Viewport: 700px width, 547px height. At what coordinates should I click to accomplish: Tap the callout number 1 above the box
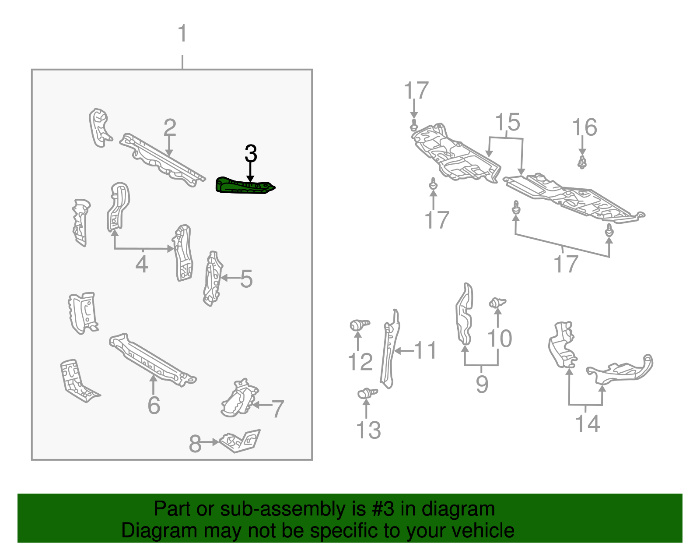point(182,33)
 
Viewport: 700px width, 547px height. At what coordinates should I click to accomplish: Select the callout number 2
point(170,127)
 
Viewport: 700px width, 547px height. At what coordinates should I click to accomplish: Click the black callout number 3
point(251,153)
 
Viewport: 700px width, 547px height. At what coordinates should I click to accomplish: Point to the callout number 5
point(246,279)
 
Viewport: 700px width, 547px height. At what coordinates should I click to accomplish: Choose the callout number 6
point(154,405)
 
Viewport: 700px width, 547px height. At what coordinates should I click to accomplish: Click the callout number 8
point(195,444)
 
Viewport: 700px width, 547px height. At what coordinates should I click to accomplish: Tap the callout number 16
point(584,127)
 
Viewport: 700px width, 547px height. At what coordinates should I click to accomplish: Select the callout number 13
point(368,430)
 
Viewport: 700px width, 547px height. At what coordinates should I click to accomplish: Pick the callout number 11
point(425,350)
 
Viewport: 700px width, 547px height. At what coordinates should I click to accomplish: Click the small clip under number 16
point(582,162)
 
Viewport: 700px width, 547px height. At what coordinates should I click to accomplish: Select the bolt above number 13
point(367,393)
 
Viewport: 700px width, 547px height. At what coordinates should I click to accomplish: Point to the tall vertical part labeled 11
point(390,349)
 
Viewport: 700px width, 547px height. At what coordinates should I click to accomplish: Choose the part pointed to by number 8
point(240,441)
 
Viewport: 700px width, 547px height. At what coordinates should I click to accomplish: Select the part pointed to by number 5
point(213,279)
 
